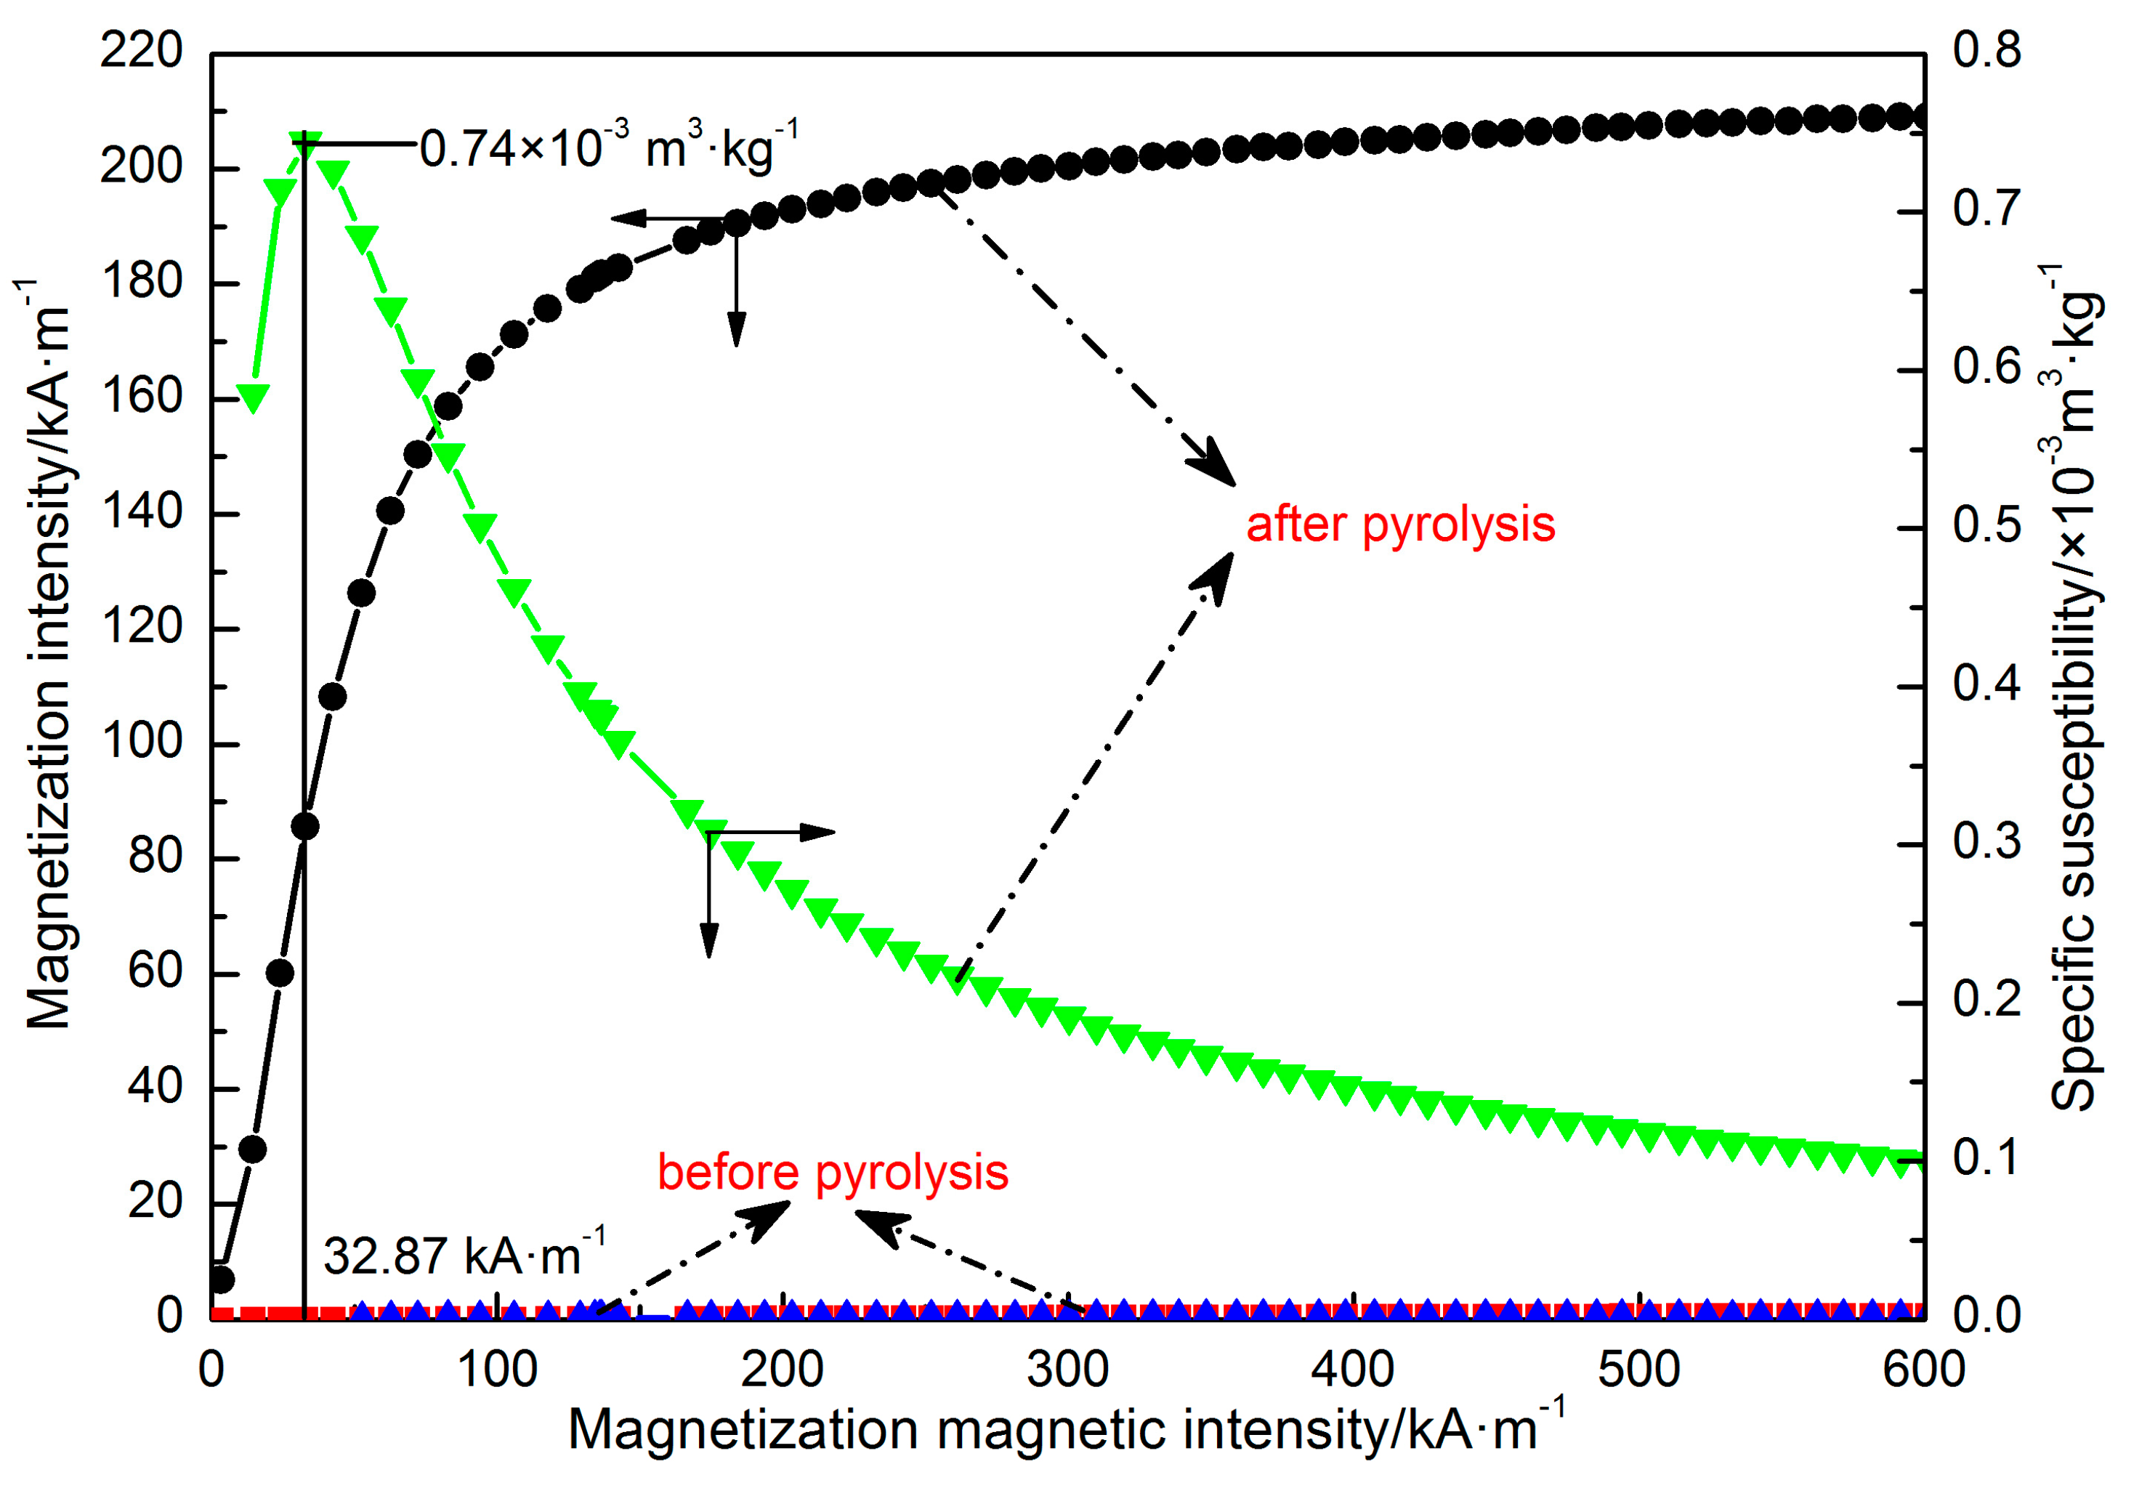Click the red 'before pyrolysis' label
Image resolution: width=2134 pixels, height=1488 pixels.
832,1173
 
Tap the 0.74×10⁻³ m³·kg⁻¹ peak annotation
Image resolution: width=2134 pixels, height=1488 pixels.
609,147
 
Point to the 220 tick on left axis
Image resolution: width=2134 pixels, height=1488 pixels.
141,51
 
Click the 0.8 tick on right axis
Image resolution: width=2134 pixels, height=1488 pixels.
1987,51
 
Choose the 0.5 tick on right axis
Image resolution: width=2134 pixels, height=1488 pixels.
1987,526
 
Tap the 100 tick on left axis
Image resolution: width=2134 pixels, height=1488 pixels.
141,743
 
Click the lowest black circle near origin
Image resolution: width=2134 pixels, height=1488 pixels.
221,1279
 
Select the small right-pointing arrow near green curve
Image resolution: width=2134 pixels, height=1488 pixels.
818,832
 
